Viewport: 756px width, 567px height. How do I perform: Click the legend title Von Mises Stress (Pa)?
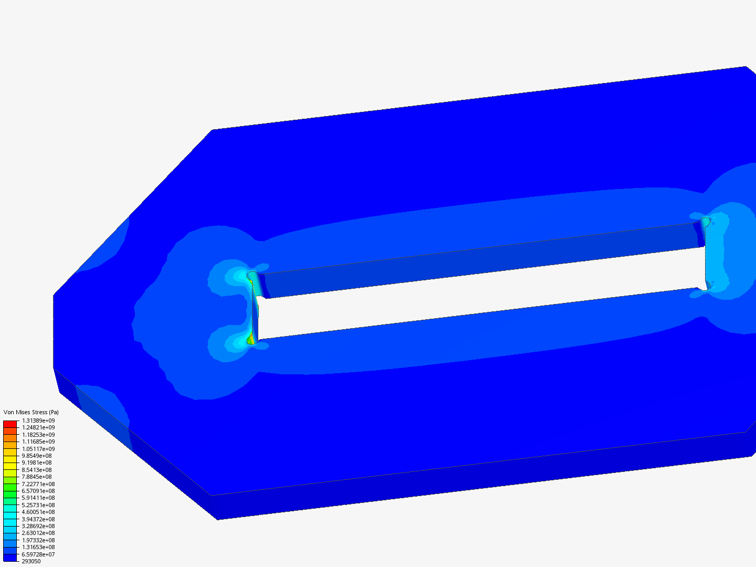31,412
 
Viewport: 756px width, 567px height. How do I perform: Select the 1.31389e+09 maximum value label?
38,421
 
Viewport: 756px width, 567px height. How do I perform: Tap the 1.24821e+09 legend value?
38,427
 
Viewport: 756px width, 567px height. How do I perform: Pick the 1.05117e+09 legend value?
38,449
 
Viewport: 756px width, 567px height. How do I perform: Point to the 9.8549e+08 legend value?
37,456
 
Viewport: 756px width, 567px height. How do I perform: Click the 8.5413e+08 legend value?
37,470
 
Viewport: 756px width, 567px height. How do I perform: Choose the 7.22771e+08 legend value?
38,484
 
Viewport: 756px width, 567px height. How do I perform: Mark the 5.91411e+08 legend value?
38,498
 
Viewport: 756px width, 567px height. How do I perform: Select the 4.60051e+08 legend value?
38,512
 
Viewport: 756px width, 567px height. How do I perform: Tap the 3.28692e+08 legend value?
38,526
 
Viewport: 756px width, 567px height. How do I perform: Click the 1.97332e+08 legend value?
38,540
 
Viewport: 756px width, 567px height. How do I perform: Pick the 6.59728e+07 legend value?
38,554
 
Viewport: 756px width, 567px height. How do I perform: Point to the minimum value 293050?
31,561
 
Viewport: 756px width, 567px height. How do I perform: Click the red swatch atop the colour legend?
10,424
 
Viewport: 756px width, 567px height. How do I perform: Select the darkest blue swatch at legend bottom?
10,558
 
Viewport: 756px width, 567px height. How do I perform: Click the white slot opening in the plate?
472,294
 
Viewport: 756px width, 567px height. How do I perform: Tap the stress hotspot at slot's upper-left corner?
253,276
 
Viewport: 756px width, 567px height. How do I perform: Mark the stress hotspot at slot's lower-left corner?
251,340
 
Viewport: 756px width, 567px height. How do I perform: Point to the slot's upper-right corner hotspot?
706,222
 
